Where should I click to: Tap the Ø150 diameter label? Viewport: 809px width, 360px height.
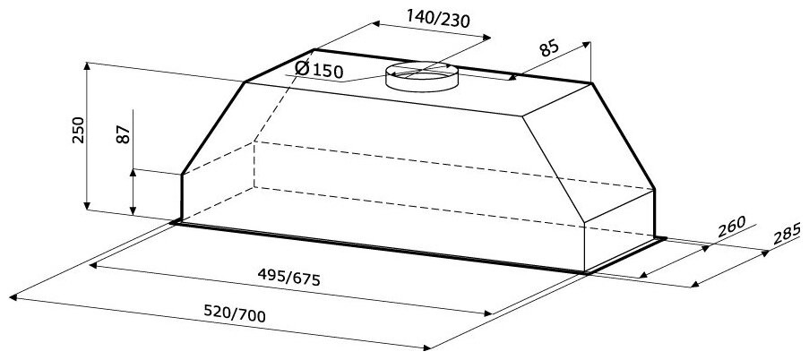319,69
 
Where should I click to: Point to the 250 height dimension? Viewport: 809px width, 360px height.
78,131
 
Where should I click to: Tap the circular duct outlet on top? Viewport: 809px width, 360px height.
421,77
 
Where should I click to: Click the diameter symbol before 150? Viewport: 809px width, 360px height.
302,68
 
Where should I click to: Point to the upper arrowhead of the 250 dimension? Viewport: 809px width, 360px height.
86,64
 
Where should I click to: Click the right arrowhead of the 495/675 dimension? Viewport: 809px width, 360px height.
488,313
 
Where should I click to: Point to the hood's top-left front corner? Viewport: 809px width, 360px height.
245,83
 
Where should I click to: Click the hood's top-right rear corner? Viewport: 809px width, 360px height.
592,83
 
